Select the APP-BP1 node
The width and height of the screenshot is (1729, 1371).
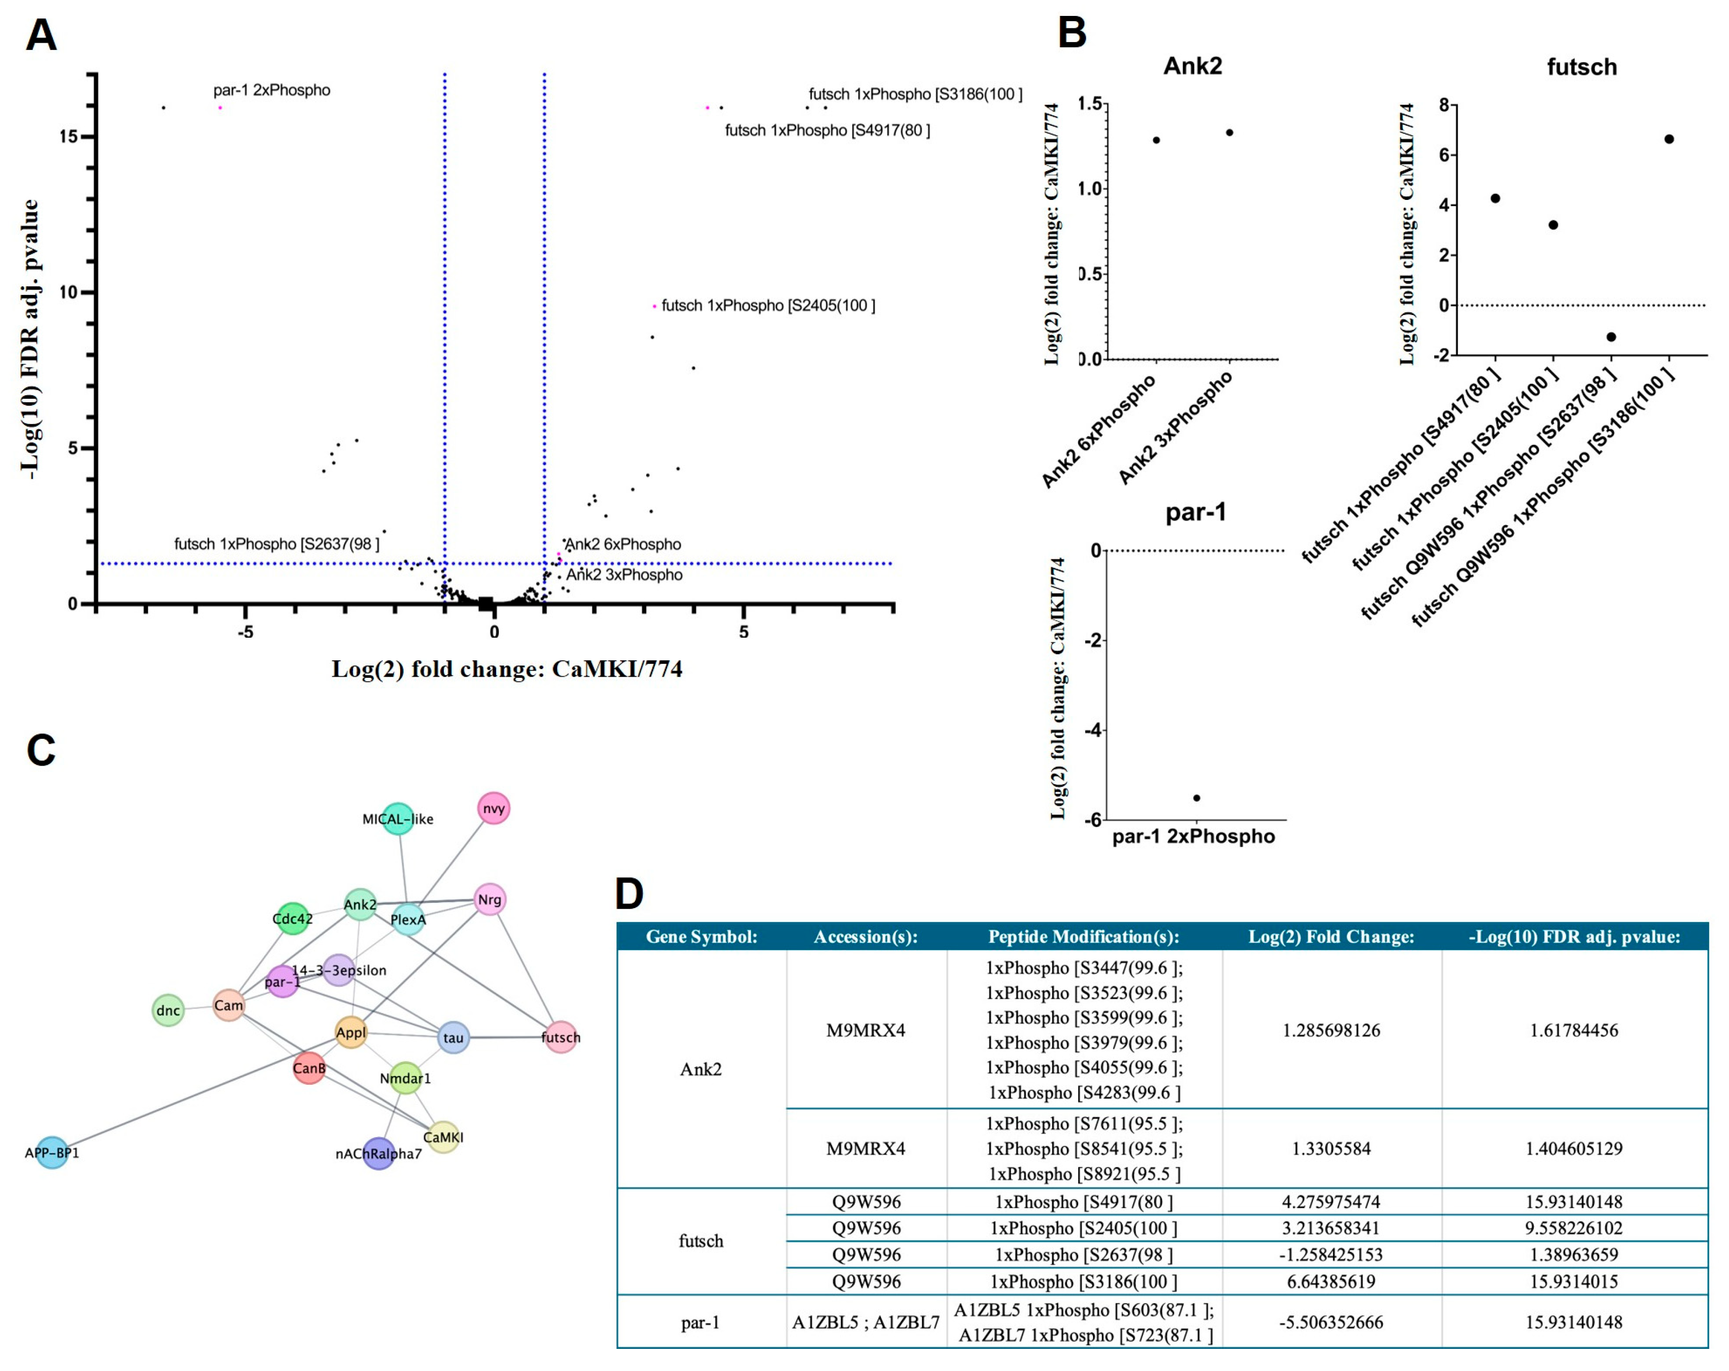pyautogui.click(x=52, y=1153)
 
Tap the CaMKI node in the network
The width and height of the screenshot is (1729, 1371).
pyautogui.click(x=443, y=1137)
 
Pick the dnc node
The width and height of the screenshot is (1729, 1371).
pyautogui.click(x=167, y=1010)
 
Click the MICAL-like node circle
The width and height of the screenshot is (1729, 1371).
pyautogui.click(x=398, y=818)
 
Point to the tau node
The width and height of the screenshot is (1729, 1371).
pyautogui.click(x=453, y=1037)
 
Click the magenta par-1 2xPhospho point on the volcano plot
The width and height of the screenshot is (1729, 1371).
pyautogui.click(x=220, y=107)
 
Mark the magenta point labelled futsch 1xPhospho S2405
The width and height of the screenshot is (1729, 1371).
pyautogui.click(x=654, y=306)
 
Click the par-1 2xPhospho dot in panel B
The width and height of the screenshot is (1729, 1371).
pyautogui.click(x=1196, y=798)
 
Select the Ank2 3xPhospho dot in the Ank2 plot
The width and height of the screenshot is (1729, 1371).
pyautogui.click(x=1229, y=133)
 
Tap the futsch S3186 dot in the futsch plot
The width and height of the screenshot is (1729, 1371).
pyautogui.click(x=1669, y=139)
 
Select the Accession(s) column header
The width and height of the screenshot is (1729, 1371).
pyautogui.click(x=866, y=936)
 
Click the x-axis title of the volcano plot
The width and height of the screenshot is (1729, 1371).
pyautogui.click(x=507, y=668)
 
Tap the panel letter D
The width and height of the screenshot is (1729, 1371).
pyautogui.click(x=630, y=893)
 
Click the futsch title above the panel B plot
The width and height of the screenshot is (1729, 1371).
pyautogui.click(x=1582, y=67)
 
